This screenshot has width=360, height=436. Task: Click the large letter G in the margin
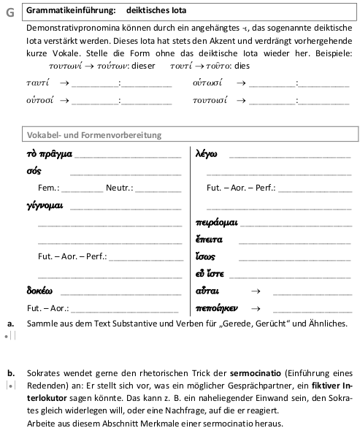9,12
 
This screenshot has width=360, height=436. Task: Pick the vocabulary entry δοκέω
39,291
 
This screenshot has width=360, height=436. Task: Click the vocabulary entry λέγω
207,154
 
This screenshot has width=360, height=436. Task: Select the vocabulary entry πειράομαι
216,223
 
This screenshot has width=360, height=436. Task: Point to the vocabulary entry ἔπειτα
210,240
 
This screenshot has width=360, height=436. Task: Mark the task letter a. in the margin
10,323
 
